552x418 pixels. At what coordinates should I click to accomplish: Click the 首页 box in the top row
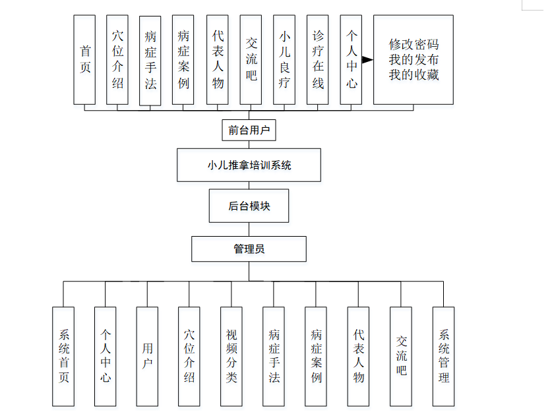pos(84,60)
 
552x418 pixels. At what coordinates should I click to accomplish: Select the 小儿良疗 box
pos(284,60)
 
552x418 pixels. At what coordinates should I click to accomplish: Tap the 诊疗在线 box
pos(318,60)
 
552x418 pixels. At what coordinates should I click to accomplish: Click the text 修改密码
pos(414,45)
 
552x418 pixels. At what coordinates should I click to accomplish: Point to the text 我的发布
pos(414,60)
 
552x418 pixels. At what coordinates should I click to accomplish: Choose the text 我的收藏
pos(414,75)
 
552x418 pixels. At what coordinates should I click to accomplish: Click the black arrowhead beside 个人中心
pos(367,60)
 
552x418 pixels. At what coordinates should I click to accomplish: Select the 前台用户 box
pos(249,131)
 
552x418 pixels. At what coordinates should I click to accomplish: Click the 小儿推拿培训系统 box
pos(249,165)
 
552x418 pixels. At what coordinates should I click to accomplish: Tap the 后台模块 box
pos(249,206)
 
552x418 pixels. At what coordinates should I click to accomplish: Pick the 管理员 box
pos(249,249)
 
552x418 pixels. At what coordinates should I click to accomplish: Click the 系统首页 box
pos(63,356)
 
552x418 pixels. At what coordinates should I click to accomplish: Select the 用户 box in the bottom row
pos(147,356)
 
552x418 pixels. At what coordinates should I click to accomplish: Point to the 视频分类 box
pos(231,356)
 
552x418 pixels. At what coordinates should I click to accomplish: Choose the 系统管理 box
pos(443,356)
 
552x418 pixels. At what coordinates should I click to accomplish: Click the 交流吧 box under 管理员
pos(401,356)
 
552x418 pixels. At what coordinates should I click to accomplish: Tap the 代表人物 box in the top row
pos(218,60)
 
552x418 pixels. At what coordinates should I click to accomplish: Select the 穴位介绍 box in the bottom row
pos(189,356)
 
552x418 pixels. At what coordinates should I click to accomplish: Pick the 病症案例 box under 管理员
pos(316,356)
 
